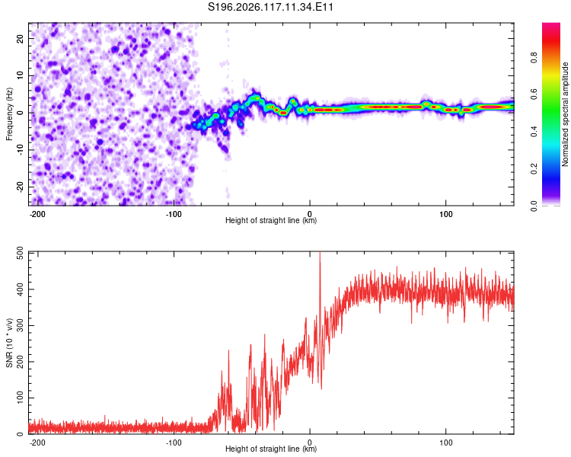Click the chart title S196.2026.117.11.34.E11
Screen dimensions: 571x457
coord(270,7)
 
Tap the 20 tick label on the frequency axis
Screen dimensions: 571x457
coord(21,38)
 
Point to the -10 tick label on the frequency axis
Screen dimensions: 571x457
coord(21,149)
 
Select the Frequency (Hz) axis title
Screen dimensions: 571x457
coord(9,114)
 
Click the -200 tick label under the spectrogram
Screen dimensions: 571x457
coord(37,214)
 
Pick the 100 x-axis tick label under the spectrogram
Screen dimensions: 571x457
coord(445,214)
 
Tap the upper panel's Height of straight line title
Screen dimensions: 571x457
coord(271,220)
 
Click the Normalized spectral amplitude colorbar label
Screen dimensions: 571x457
coord(565,114)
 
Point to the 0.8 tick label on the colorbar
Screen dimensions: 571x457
coord(534,57)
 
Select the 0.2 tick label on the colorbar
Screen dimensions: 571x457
coord(534,169)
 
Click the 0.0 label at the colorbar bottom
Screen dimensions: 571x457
coord(534,206)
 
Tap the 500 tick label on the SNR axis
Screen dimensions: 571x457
coord(21,254)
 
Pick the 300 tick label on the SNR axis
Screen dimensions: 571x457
coord(21,325)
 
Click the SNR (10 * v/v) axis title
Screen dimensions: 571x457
coord(9,343)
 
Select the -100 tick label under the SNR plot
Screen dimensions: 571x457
coord(174,443)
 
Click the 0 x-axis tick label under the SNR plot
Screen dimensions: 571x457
coord(310,443)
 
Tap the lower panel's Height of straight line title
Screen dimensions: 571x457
coord(271,449)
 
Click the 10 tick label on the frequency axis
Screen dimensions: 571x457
coord(21,75)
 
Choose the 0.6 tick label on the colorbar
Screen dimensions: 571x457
coord(534,94)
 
